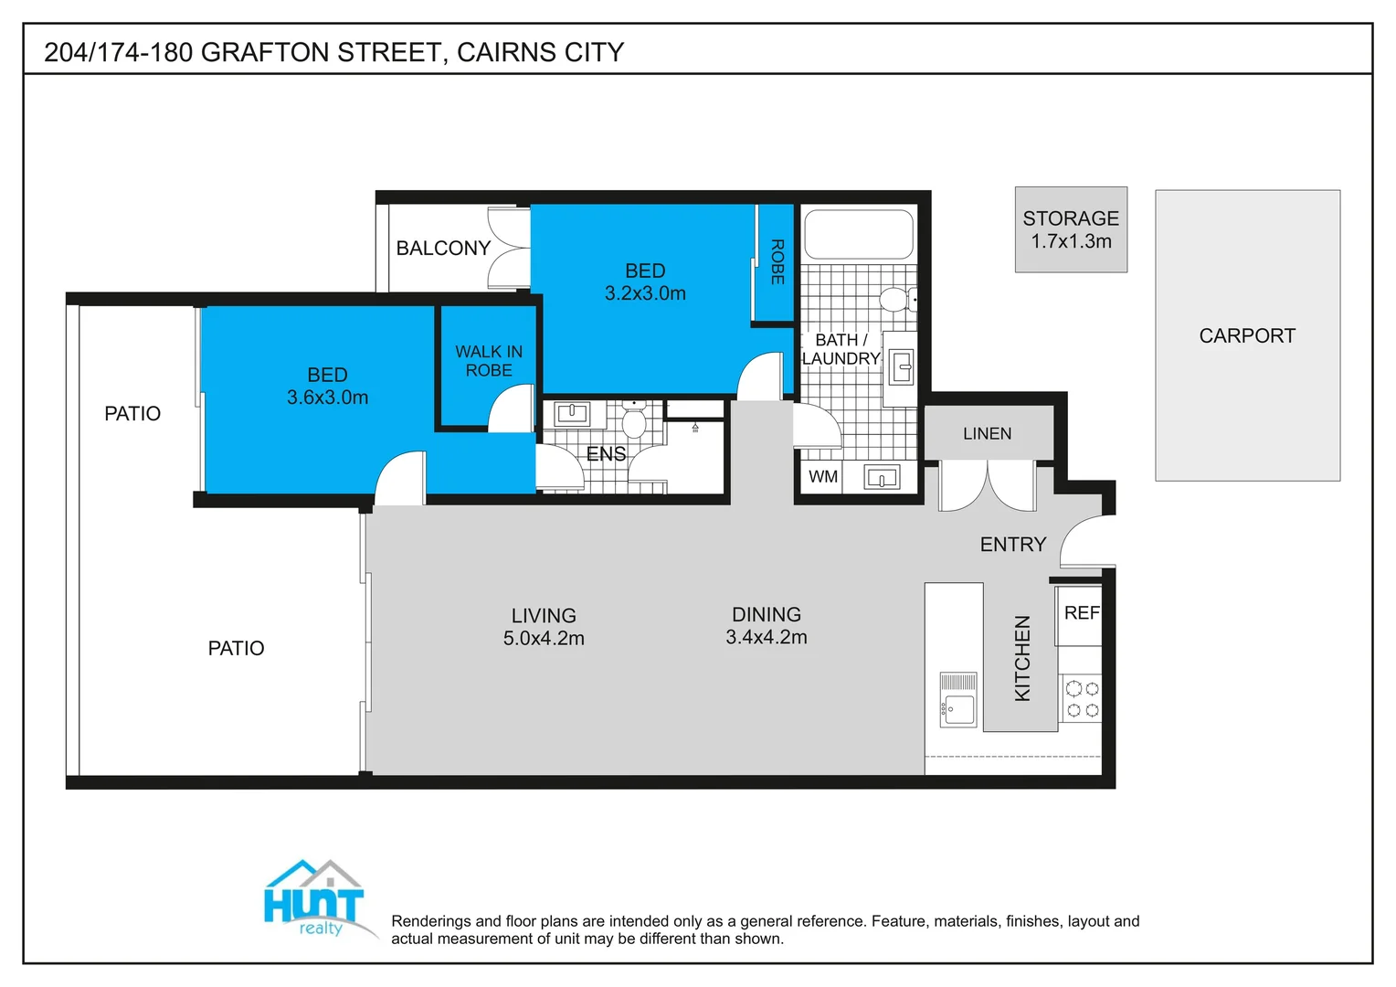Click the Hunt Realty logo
(315, 900)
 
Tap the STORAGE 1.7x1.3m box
(1071, 230)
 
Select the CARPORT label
(1247, 336)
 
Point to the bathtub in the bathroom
(858, 235)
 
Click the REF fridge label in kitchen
(1082, 613)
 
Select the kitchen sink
(958, 700)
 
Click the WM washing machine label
(822, 477)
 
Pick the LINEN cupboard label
(987, 434)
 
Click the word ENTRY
(1012, 545)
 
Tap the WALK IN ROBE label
(489, 361)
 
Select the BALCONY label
(443, 249)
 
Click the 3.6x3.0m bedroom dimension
(327, 398)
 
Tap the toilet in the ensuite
(633, 422)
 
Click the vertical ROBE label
(777, 261)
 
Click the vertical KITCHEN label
(1022, 658)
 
